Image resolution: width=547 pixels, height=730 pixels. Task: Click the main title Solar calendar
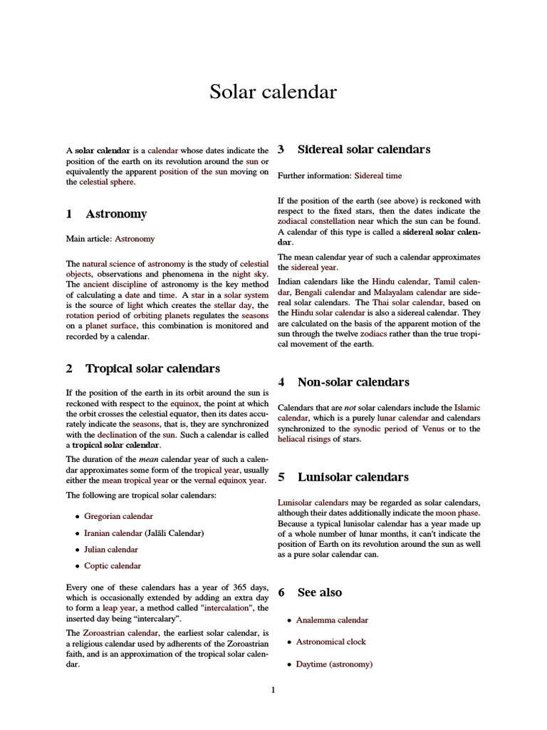[273, 92]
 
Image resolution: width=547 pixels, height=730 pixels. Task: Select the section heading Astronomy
[116, 214]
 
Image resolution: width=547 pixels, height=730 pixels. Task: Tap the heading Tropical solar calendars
[152, 369]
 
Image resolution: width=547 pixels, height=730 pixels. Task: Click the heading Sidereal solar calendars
[363, 150]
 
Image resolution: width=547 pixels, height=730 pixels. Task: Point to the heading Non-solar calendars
[353, 382]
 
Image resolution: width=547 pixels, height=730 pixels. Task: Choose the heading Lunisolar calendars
[353, 477]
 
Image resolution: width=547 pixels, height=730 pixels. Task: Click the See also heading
[319, 592]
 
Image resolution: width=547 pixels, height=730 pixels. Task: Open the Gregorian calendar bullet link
[118, 516]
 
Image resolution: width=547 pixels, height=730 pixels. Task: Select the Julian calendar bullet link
[111, 550]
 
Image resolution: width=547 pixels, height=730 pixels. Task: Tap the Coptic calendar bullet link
[113, 566]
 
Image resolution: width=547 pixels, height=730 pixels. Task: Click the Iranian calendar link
[113, 533]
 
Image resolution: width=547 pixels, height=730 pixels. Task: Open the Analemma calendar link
[332, 620]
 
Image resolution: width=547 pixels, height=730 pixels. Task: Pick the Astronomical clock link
[330, 642]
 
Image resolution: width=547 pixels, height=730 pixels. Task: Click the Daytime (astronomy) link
[334, 664]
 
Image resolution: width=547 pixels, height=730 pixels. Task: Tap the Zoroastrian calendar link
[118, 633]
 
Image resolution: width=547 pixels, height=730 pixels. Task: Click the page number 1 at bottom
[273, 690]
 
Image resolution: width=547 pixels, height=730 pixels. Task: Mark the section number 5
[281, 477]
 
